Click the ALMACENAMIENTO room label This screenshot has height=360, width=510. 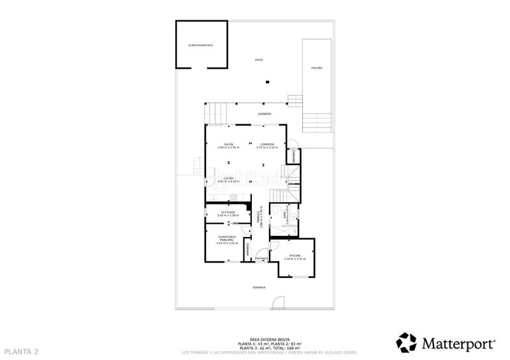(200, 46)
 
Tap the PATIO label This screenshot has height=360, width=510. (259, 60)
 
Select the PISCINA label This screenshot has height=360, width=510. (316, 68)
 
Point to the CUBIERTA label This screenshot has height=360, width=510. (265, 113)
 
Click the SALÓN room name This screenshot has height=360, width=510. (228, 144)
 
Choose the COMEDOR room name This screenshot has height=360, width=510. (268, 144)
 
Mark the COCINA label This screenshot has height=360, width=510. (228, 178)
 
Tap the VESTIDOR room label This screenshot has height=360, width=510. (228, 212)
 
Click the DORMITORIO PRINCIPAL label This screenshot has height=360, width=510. (227, 238)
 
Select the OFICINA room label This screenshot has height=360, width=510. (295, 255)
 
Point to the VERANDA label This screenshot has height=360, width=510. (259, 288)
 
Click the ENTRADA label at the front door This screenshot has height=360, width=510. (261, 258)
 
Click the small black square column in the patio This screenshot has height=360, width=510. (268, 81)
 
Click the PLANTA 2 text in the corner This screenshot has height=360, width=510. (22, 352)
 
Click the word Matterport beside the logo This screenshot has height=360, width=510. (459, 344)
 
